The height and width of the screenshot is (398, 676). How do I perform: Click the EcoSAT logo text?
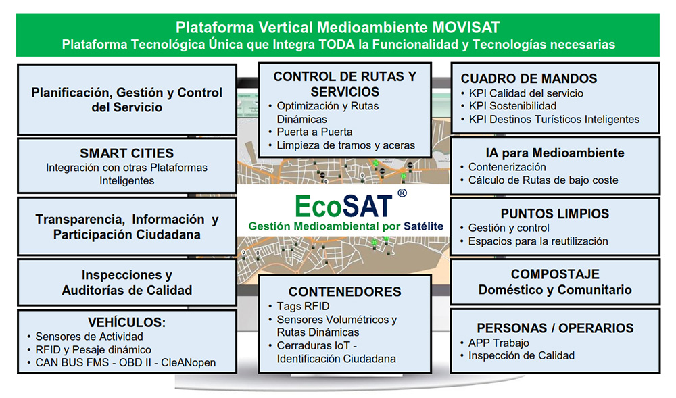[x=343, y=206]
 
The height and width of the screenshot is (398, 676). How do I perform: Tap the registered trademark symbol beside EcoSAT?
[x=402, y=193]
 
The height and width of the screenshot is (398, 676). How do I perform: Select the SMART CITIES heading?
[x=127, y=153]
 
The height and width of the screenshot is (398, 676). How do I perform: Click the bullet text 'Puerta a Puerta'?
[x=314, y=132]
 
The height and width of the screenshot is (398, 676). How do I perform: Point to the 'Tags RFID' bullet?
[x=303, y=306]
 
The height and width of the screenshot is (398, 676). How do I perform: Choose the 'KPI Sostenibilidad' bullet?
[x=512, y=106]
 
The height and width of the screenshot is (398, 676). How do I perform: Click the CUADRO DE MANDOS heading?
[x=529, y=78]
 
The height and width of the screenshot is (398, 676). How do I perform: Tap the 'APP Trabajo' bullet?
[x=499, y=343]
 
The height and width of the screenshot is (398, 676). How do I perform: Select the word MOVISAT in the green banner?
[x=466, y=28]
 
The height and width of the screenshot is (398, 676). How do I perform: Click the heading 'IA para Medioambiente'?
[x=555, y=153]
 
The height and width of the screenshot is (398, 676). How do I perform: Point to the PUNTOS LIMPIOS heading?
[x=555, y=214]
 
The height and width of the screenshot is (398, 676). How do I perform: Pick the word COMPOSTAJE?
[x=555, y=274]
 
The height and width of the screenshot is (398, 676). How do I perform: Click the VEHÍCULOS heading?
[x=127, y=322]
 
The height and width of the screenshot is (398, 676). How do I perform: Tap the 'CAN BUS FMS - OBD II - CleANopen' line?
[x=126, y=363]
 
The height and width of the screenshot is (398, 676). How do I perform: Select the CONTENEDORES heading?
[x=345, y=292]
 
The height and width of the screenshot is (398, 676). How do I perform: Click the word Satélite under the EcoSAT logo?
[x=423, y=226]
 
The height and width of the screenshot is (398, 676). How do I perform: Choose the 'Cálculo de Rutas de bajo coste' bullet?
[x=544, y=180]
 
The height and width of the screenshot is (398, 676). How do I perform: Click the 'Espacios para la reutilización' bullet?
[x=538, y=241]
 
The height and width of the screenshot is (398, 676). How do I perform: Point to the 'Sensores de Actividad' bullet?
[x=89, y=337]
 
